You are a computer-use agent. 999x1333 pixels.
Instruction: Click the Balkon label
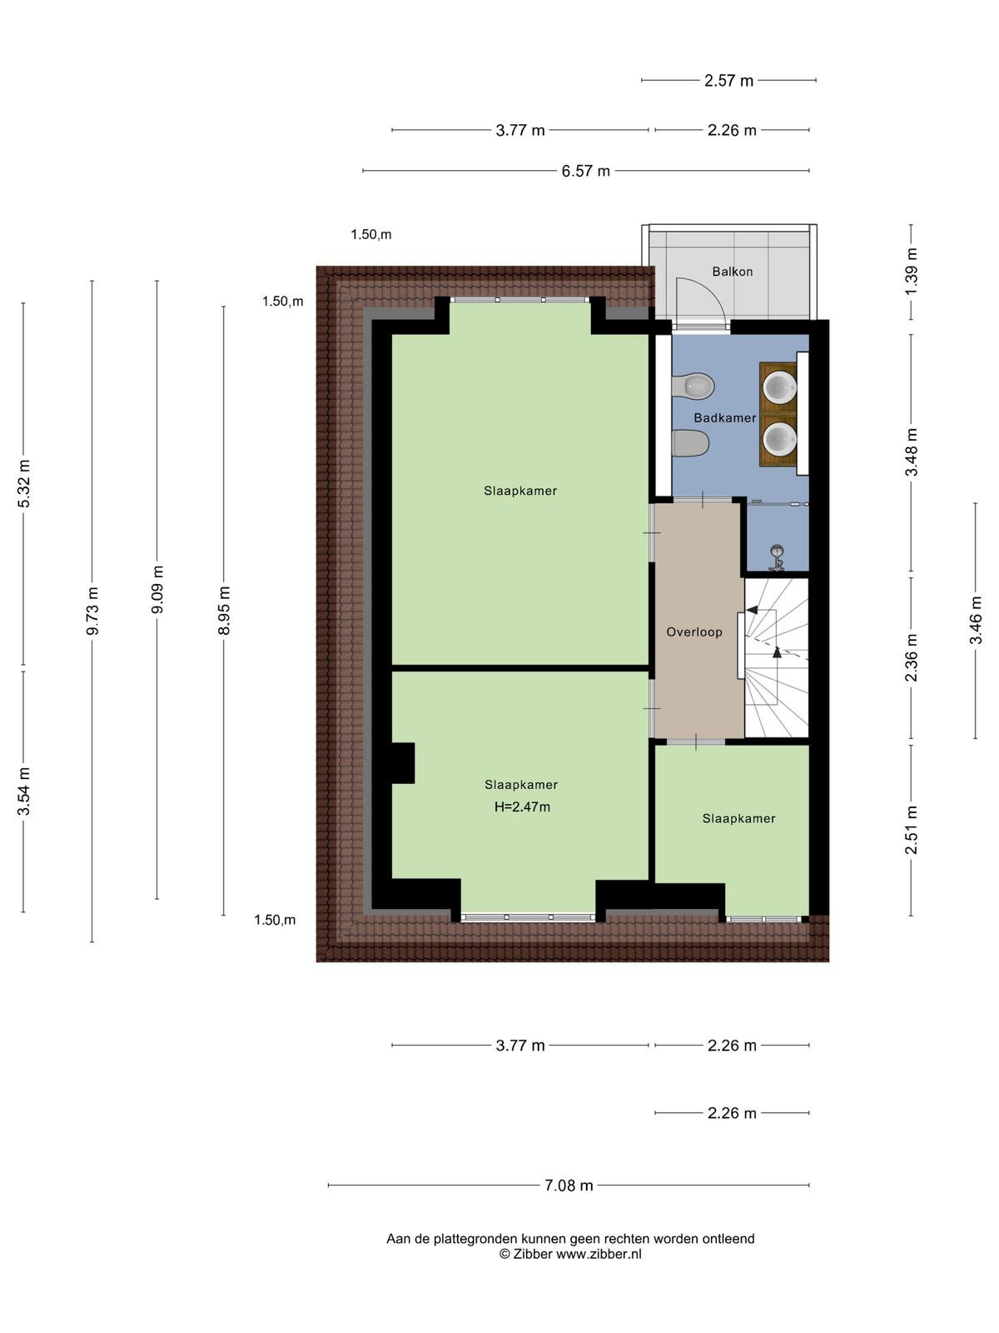732,272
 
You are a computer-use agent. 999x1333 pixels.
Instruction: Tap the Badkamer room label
725,418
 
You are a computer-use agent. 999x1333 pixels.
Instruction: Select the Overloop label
694,632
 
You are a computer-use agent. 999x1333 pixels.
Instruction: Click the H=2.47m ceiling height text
522,807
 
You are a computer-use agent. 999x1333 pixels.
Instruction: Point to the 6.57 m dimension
585,172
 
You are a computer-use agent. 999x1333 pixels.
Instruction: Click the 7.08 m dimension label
569,1186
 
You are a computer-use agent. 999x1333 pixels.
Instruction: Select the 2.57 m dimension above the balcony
728,81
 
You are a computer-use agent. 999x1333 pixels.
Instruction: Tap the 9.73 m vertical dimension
92,611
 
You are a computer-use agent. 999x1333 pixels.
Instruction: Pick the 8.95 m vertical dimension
224,611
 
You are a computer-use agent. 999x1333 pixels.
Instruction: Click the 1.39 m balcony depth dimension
911,272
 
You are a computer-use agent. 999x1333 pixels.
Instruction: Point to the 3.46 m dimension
976,621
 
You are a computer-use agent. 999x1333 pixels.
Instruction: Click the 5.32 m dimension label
23,484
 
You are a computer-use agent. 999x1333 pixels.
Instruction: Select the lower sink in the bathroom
779,438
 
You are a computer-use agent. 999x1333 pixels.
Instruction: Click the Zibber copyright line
570,1255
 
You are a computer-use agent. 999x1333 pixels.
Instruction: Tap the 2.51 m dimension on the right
911,830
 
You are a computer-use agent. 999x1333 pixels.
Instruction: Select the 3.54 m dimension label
23,792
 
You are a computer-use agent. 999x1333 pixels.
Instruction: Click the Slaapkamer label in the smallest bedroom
738,819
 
